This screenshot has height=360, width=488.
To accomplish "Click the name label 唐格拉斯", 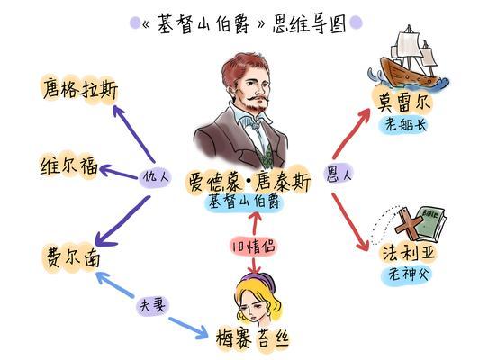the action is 80,89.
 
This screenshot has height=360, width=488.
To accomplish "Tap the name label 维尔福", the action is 69,166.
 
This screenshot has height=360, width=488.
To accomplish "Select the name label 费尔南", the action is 73,257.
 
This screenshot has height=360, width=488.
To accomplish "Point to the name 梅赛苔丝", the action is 253,338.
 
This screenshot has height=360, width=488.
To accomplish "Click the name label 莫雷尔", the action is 403,102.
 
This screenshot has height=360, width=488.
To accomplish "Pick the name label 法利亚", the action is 408,252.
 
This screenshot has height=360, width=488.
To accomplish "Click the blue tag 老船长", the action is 404,125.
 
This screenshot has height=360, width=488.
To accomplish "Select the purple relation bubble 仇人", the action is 155,177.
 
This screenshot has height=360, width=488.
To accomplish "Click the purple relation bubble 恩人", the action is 338,175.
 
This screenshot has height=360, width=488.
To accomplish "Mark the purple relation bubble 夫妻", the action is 152,305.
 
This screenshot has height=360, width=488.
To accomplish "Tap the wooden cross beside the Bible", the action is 408,225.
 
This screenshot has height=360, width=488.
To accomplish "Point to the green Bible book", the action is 430,223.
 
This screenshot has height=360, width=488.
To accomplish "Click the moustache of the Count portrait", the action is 258,99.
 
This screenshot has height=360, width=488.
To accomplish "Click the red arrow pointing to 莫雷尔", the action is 351,133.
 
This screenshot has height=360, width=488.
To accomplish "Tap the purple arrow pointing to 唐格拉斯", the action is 133,133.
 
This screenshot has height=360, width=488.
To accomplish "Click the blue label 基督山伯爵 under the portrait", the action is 244,202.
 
